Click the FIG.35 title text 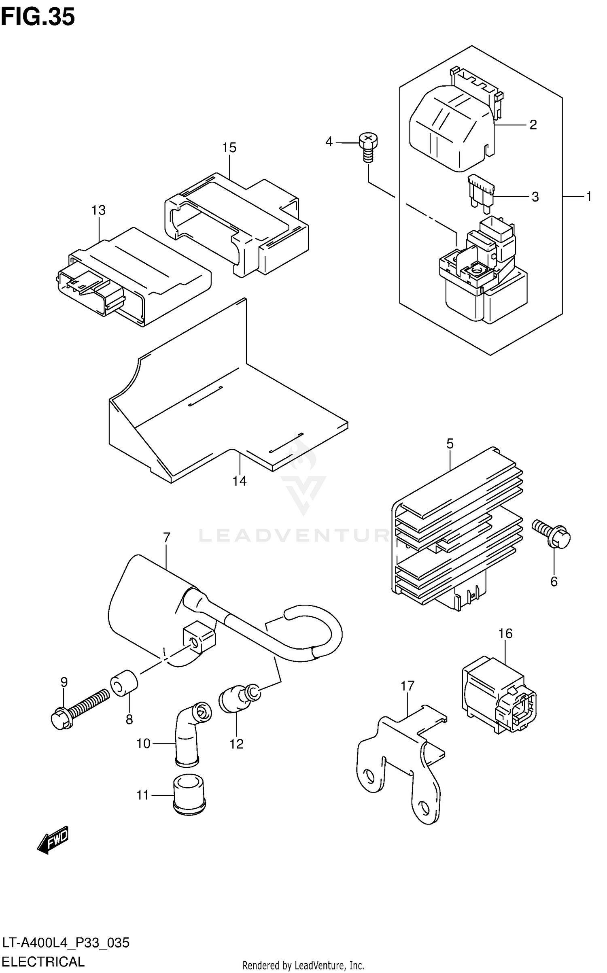pyautogui.click(x=38, y=17)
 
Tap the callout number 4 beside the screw pyautogui.click(x=329, y=142)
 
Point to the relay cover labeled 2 pyautogui.click(x=451, y=125)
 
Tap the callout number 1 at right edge pyautogui.click(x=589, y=197)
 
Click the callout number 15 pyautogui.click(x=229, y=148)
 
